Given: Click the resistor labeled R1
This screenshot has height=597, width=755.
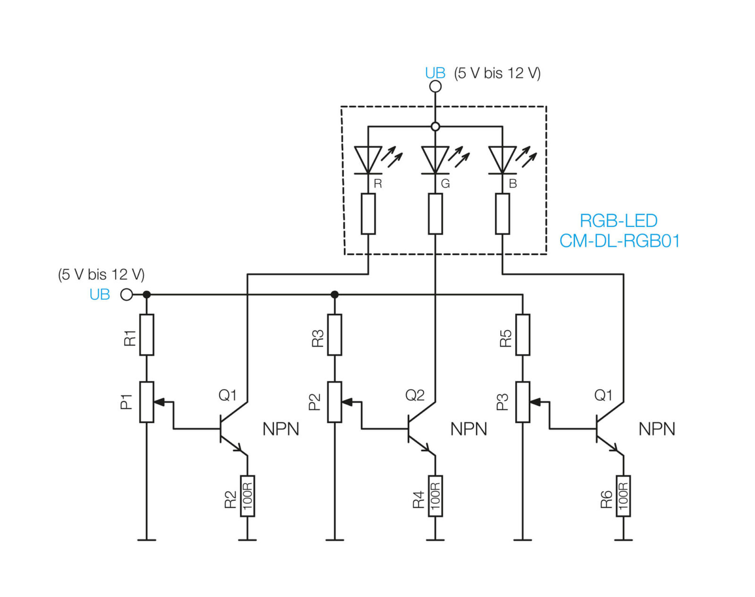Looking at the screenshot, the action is click(147, 335).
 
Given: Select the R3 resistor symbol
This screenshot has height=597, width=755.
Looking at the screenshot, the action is click(335, 335).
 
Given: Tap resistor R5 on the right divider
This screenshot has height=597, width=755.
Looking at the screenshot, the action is click(523, 335).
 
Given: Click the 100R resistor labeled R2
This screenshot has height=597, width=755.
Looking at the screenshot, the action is click(247, 496).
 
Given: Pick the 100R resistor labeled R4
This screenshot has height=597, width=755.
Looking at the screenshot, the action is click(436, 496).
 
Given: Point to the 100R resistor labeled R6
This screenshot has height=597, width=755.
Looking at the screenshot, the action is click(623, 496).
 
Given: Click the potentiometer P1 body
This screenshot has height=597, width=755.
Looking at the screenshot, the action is click(147, 402).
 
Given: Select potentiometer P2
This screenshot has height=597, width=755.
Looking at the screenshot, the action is click(335, 402).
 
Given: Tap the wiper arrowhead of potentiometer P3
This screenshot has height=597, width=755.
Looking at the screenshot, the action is click(535, 402).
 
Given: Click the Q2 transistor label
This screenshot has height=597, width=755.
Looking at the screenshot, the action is click(415, 395).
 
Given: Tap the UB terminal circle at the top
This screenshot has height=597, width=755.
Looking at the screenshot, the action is click(436, 86).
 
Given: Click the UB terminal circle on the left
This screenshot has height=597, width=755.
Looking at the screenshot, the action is click(126, 294).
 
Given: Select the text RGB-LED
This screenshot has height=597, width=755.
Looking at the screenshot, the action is click(619, 221).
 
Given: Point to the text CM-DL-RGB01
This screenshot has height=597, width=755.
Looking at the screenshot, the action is click(620, 241).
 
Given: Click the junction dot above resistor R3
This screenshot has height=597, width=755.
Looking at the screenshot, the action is click(335, 294).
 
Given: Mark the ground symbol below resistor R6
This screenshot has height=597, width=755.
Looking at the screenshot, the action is click(623, 540).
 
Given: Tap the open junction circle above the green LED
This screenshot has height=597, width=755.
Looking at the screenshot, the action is click(436, 126).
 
